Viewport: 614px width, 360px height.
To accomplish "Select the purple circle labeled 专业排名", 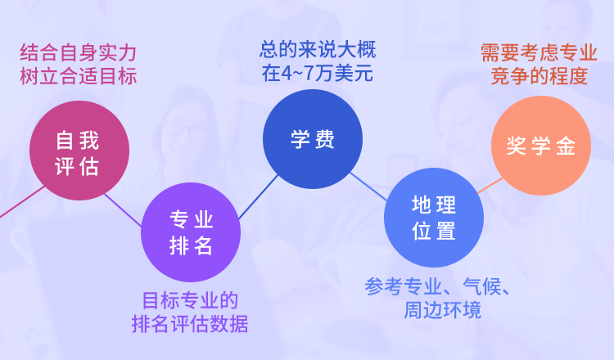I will (191, 232).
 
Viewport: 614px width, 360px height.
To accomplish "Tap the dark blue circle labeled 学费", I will (313, 139).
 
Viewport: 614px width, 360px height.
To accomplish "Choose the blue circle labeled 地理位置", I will (434, 218).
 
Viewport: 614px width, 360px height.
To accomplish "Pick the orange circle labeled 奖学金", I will (540, 146).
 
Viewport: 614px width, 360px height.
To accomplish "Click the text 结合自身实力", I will (78, 53).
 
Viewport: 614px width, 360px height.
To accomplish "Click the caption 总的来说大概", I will (317, 49).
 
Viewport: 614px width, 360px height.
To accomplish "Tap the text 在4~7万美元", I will (317, 73).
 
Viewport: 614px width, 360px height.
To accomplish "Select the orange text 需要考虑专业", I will (539, 53).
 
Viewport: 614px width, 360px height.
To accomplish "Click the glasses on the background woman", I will (187, 128).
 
